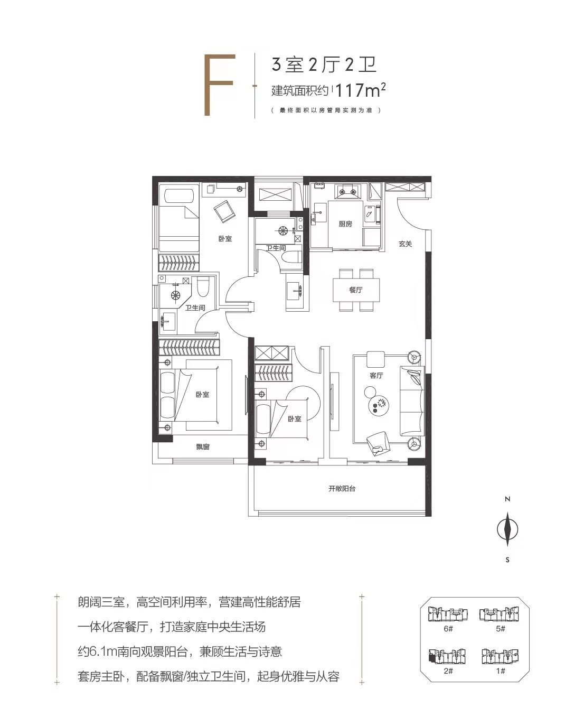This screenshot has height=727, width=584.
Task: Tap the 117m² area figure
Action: (x=361, y=90)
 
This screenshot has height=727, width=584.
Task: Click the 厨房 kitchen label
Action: (x=345, y=224)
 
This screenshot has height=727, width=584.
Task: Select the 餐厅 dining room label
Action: (x=356, y=290)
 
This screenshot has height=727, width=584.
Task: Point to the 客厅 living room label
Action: (x=376, y=375)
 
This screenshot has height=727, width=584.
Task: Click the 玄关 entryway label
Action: (x=405, y=244)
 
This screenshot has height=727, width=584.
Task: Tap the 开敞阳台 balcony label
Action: (x=342, y=488)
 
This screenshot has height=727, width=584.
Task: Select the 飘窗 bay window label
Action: (x=203, y=446)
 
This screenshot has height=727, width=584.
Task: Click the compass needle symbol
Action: (x=507, y=529)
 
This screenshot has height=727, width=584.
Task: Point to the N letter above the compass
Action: (x=507, y=499)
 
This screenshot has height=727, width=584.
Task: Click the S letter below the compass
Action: (x=507, y=560)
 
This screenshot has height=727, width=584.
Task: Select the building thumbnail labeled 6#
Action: (x=448, y=614)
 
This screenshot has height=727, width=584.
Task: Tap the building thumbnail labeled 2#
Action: (x=448, y=656)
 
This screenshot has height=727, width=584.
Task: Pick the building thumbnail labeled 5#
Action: (x=499, y=614)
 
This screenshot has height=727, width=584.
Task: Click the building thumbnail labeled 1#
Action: (x=500, y=656)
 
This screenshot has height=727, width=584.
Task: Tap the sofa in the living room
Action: (x=412, y=400)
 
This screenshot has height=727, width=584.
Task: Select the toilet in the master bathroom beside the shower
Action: (x=203, y=286)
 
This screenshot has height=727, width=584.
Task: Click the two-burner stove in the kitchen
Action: (x=347, y=191)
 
